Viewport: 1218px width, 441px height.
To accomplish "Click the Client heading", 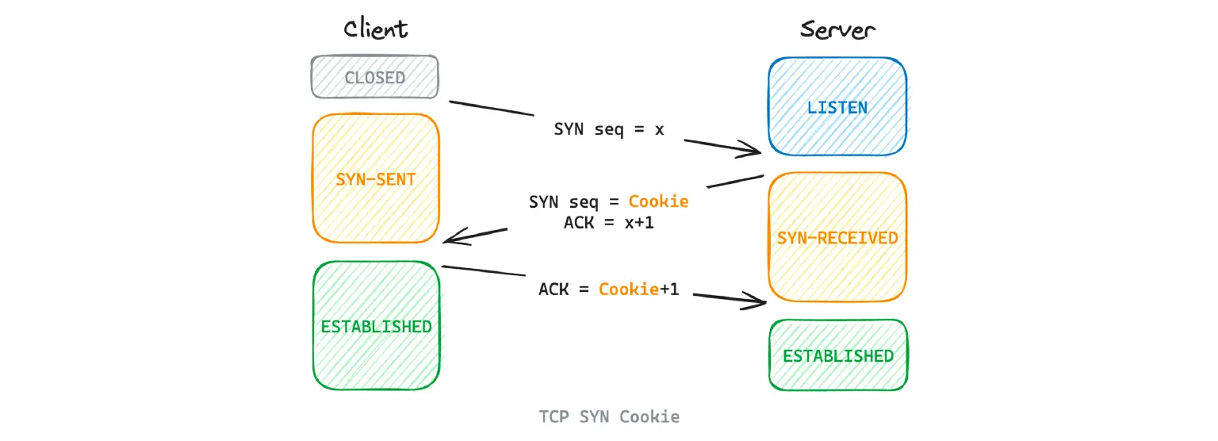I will click(x=375, y=29).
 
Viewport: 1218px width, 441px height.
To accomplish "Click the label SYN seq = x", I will click(x=608, y=129).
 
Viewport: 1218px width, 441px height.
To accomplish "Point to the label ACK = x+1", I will click(x=608, y=223).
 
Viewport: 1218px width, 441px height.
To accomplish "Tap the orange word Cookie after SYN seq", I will click(x=658, y=201).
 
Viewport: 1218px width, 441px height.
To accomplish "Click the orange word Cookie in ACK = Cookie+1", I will click(x=629, y=290).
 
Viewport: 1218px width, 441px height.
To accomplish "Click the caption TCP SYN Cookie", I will click(x=609, y=416).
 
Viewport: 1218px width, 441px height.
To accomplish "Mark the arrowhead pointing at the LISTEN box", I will click(x=752, y=148).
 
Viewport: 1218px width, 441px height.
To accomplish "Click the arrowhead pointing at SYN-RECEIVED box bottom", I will click(x=755, y=301).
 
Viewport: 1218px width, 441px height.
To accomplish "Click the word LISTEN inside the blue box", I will click(x=837, y=107).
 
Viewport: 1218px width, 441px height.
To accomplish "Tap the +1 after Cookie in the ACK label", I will click(x=669, y=290).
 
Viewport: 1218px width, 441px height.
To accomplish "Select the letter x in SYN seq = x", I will click(x=659, y=129).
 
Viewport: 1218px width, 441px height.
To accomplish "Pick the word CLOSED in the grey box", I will click(x=374, y=78).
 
